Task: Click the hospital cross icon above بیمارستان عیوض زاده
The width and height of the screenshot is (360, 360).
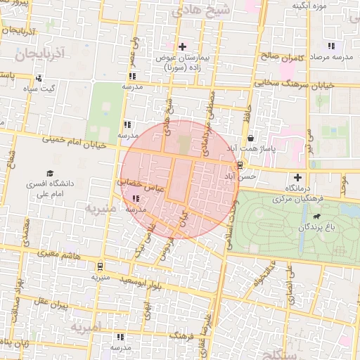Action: coord(183,46)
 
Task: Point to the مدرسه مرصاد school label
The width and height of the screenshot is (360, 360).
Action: coord(326,55)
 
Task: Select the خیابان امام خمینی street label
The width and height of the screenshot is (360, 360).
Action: coord(74,140)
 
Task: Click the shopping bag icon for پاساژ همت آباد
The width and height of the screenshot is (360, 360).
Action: coord(251,138)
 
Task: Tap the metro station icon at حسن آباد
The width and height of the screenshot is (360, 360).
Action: coord(241,166)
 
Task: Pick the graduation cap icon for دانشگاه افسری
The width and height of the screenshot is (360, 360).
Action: coord(50,173)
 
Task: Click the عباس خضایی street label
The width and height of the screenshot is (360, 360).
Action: coord(140,185)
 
